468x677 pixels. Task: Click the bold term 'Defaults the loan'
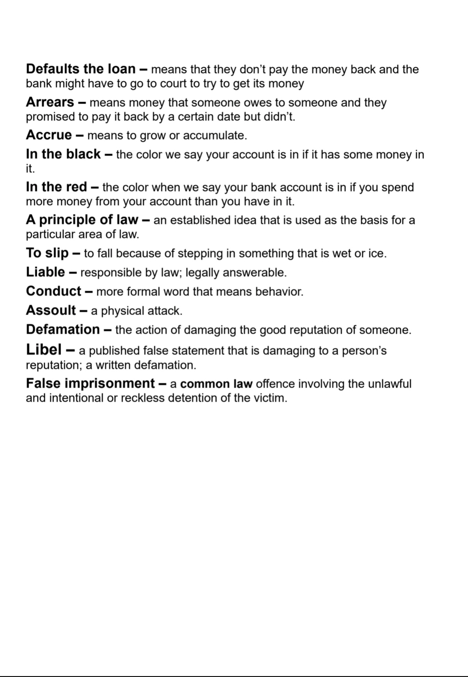80,69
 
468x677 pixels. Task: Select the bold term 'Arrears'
50,102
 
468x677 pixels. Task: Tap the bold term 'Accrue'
49,135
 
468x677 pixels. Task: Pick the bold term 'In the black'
63,154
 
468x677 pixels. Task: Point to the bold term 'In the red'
57,187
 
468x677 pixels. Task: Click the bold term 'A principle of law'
82,220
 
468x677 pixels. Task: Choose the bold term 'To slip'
47,253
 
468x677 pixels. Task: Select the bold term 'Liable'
46,272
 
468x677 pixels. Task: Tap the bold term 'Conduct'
53,291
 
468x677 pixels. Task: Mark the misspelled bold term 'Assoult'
51,310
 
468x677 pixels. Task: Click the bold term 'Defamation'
63,330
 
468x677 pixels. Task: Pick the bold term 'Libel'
44,350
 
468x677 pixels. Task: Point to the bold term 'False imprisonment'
90,383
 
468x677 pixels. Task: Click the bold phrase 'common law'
216,384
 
